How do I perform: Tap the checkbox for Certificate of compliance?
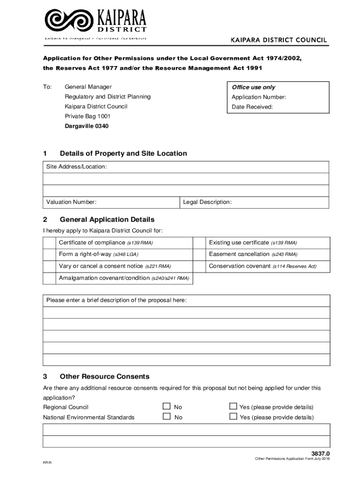tap(49, 243)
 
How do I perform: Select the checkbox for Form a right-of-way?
tap(49, 254)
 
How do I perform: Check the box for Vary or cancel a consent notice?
tap(49, 266)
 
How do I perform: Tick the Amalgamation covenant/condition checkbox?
tap(49, 278)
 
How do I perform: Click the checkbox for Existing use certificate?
tap(200, 243)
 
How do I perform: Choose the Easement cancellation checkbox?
tap(200, 254)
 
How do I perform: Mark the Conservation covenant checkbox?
tap(200, 266)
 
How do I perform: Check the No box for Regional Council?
tap(166, 406)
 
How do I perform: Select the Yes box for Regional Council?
tap(233, 406)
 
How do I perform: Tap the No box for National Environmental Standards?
tap(166, 416)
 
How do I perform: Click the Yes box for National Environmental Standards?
tap(233, 416)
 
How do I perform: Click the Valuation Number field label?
tap(72, 202)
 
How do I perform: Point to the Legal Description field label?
tap(207, 202)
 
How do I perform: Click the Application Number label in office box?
tap(259, 97)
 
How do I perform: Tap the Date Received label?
tap(252, 107)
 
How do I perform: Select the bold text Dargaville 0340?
tap(86, 126)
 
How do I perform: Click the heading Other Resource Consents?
tap(104, 377)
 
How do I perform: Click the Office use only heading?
tap(253, 87)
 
